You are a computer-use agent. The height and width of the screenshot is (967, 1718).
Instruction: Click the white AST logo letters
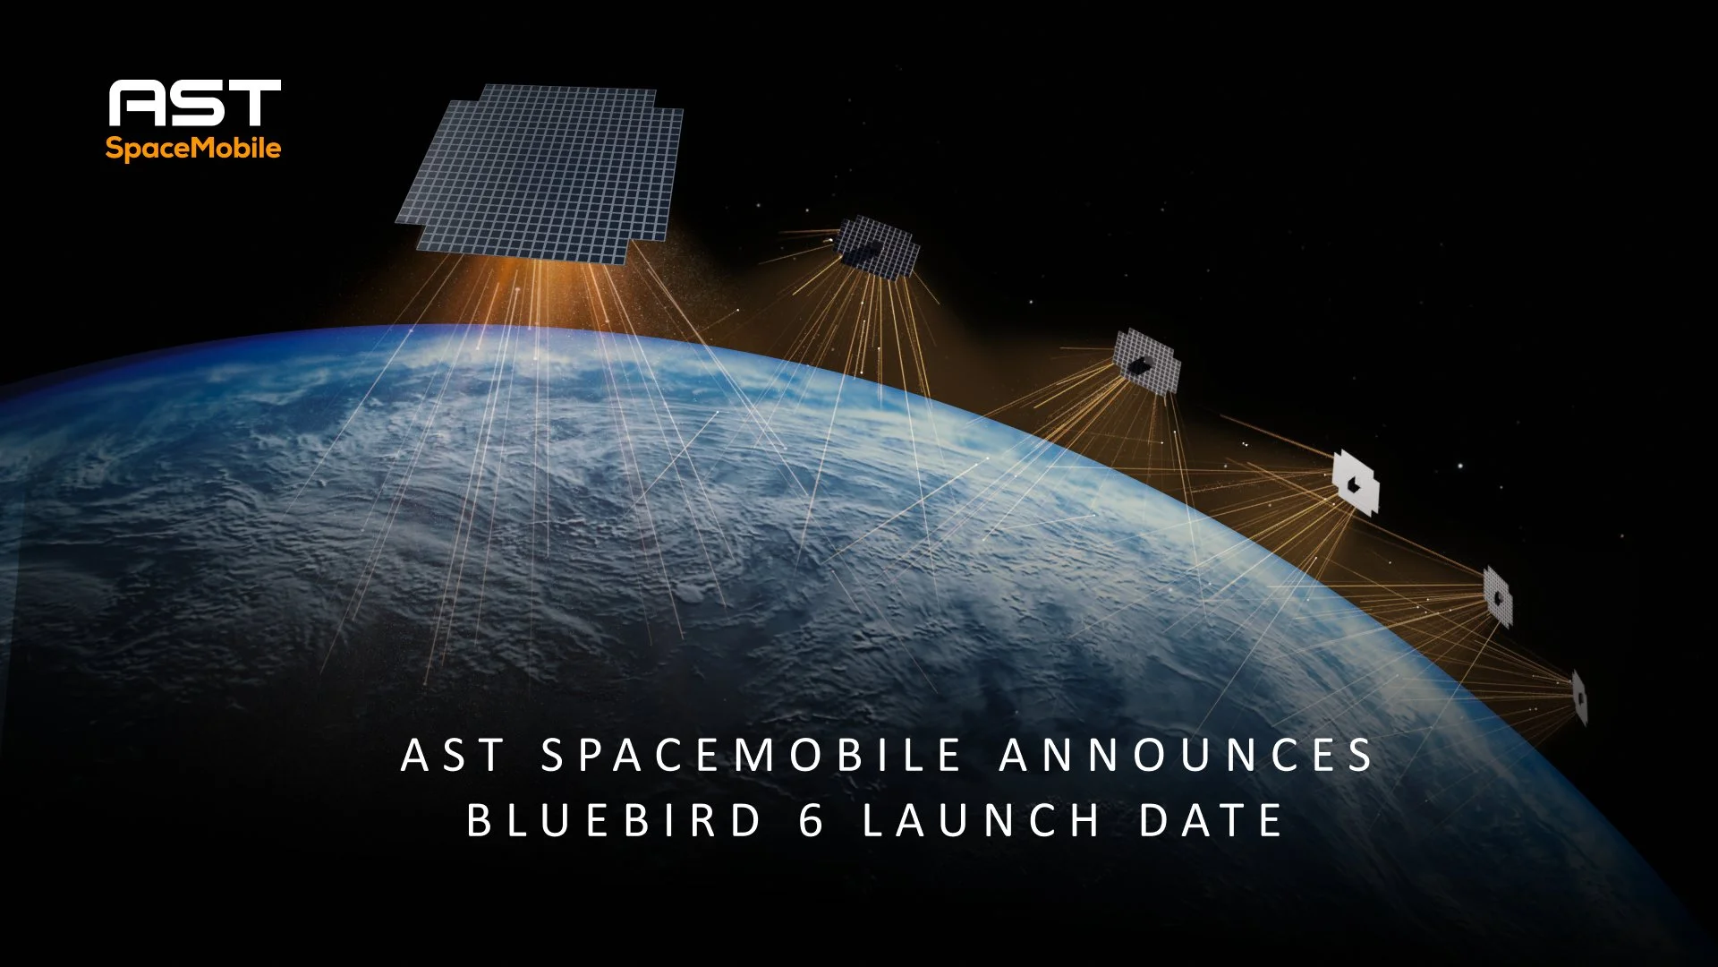[x=194, y=103]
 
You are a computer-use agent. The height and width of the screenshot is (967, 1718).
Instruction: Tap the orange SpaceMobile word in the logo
[x=193, y=148]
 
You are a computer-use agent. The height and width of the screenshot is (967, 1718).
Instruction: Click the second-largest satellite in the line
[x=878, y=245]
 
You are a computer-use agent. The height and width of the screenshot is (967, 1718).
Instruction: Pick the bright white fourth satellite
[x=1356, y=483]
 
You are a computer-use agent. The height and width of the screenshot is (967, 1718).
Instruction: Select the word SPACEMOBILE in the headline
[x=752, y=755]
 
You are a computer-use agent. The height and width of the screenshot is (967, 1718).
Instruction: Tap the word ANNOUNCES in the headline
[x=1186, y=755]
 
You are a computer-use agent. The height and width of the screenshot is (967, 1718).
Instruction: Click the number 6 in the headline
[x=811, y=820]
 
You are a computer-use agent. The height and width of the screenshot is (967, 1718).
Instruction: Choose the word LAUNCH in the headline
[x=982, y=820]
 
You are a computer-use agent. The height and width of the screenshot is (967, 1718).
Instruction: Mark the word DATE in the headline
[x=1212, y=820]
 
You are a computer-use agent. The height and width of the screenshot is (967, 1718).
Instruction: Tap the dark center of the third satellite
[x=1139, y=364]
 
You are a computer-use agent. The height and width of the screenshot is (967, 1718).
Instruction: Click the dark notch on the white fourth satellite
[x=1354, y=485]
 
